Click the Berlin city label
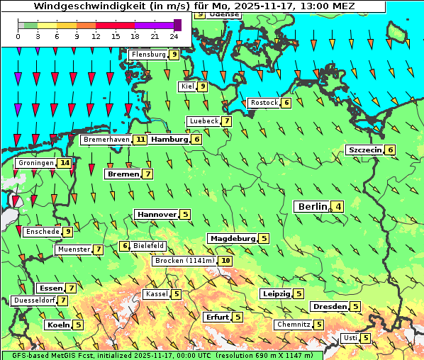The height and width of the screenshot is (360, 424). pyautogui.click(x=311, y=206)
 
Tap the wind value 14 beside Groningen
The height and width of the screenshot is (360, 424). pyautogui.click(x=65, y=163)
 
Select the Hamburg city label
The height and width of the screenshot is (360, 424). pyautogui.click(x=169, y=140)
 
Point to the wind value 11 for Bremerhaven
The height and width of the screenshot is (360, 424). pyautogui.click(x=140, y=140)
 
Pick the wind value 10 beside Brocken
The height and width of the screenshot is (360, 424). pyautogui.click(x=225, y=261)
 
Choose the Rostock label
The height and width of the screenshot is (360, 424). pyautogui.click(x=264, y=103)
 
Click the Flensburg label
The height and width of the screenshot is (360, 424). pyautogui.click(x=147, y=55)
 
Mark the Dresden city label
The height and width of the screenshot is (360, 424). pyautogui.click(x=329, y=307)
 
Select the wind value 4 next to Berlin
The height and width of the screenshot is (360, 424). pyautogui.click(x=339, y=207)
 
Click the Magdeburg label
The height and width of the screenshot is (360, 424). pyautogui.click(x=232, y=238)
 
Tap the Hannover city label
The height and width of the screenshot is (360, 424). pyautogui.click(x=156, y=214)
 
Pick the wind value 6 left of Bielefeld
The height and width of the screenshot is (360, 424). pyautogui.click(x=125, y=246)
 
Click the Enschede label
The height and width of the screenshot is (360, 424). pyautogui.click(x=42, y=232)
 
